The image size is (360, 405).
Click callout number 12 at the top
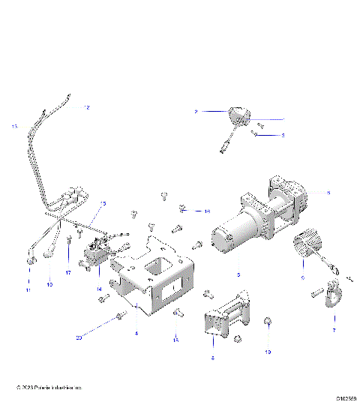87,108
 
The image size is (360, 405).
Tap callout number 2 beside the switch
196,112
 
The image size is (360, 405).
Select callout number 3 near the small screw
283,136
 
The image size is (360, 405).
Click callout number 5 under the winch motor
238,275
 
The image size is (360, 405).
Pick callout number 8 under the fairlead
213,358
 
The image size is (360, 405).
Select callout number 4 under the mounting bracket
136,332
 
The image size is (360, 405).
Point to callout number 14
98,289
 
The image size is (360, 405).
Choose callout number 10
50,285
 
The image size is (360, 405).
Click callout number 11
28,289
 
